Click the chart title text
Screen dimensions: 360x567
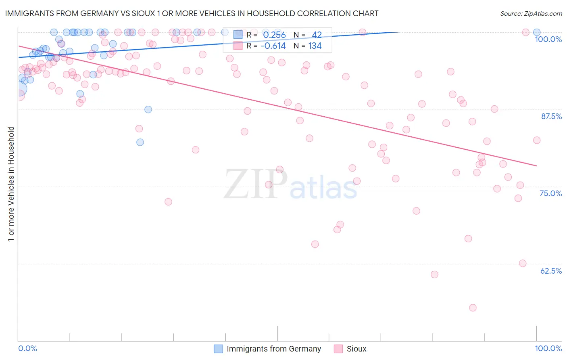point(192,13)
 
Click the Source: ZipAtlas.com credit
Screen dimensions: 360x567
point(531,13)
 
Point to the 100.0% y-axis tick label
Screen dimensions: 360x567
point(548,39)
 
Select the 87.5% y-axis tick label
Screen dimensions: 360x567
point(551,116)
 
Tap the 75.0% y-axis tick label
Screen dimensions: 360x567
point(550,193)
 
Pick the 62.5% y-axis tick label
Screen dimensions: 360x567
point(551,271)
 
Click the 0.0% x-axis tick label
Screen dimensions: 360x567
point(27,348)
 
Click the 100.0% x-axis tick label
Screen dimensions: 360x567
point(548,348)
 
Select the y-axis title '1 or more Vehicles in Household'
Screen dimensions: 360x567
point(11,184)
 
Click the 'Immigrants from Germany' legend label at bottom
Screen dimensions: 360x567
point(274,349)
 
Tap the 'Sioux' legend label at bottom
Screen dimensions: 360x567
point(356,349)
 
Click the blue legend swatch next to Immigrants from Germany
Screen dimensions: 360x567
point(218,349)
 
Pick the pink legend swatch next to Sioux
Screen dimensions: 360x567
point(338,349)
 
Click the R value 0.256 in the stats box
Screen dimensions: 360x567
point(274,35)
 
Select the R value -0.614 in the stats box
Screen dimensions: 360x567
point(273,46)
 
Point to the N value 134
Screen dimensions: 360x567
point(315,46)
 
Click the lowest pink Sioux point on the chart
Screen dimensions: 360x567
point(473,308)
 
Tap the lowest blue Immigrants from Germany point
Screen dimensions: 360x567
point(140,142)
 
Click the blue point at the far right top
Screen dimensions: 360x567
point(537,32)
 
